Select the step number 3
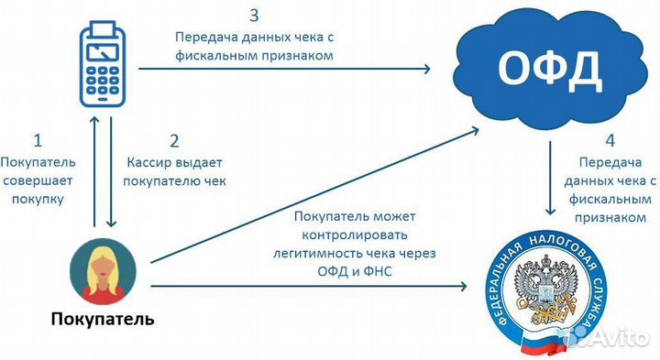(x=254, y=16)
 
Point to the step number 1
(x=38, y=141)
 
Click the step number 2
(x=173, y=141)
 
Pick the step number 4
(x=610, y=141)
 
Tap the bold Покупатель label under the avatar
(x=103, y=321)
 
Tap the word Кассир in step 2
(x=147, y=162)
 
